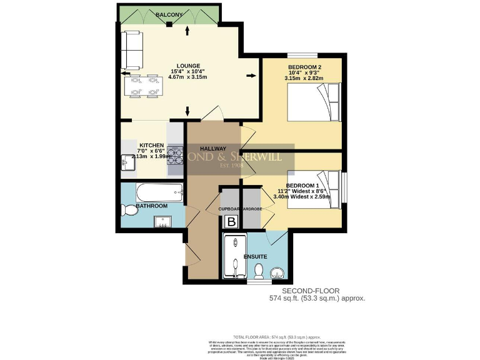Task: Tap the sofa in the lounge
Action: (132, 50)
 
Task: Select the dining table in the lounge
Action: (141, 86)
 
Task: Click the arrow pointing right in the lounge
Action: (251, 76)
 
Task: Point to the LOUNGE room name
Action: (187, 66)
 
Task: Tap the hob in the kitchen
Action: (174, 156)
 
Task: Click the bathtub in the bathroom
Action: (151, 191)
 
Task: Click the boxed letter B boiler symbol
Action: (231, 221)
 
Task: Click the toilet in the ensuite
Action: (258, 269)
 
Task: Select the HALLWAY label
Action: (212, 148)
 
